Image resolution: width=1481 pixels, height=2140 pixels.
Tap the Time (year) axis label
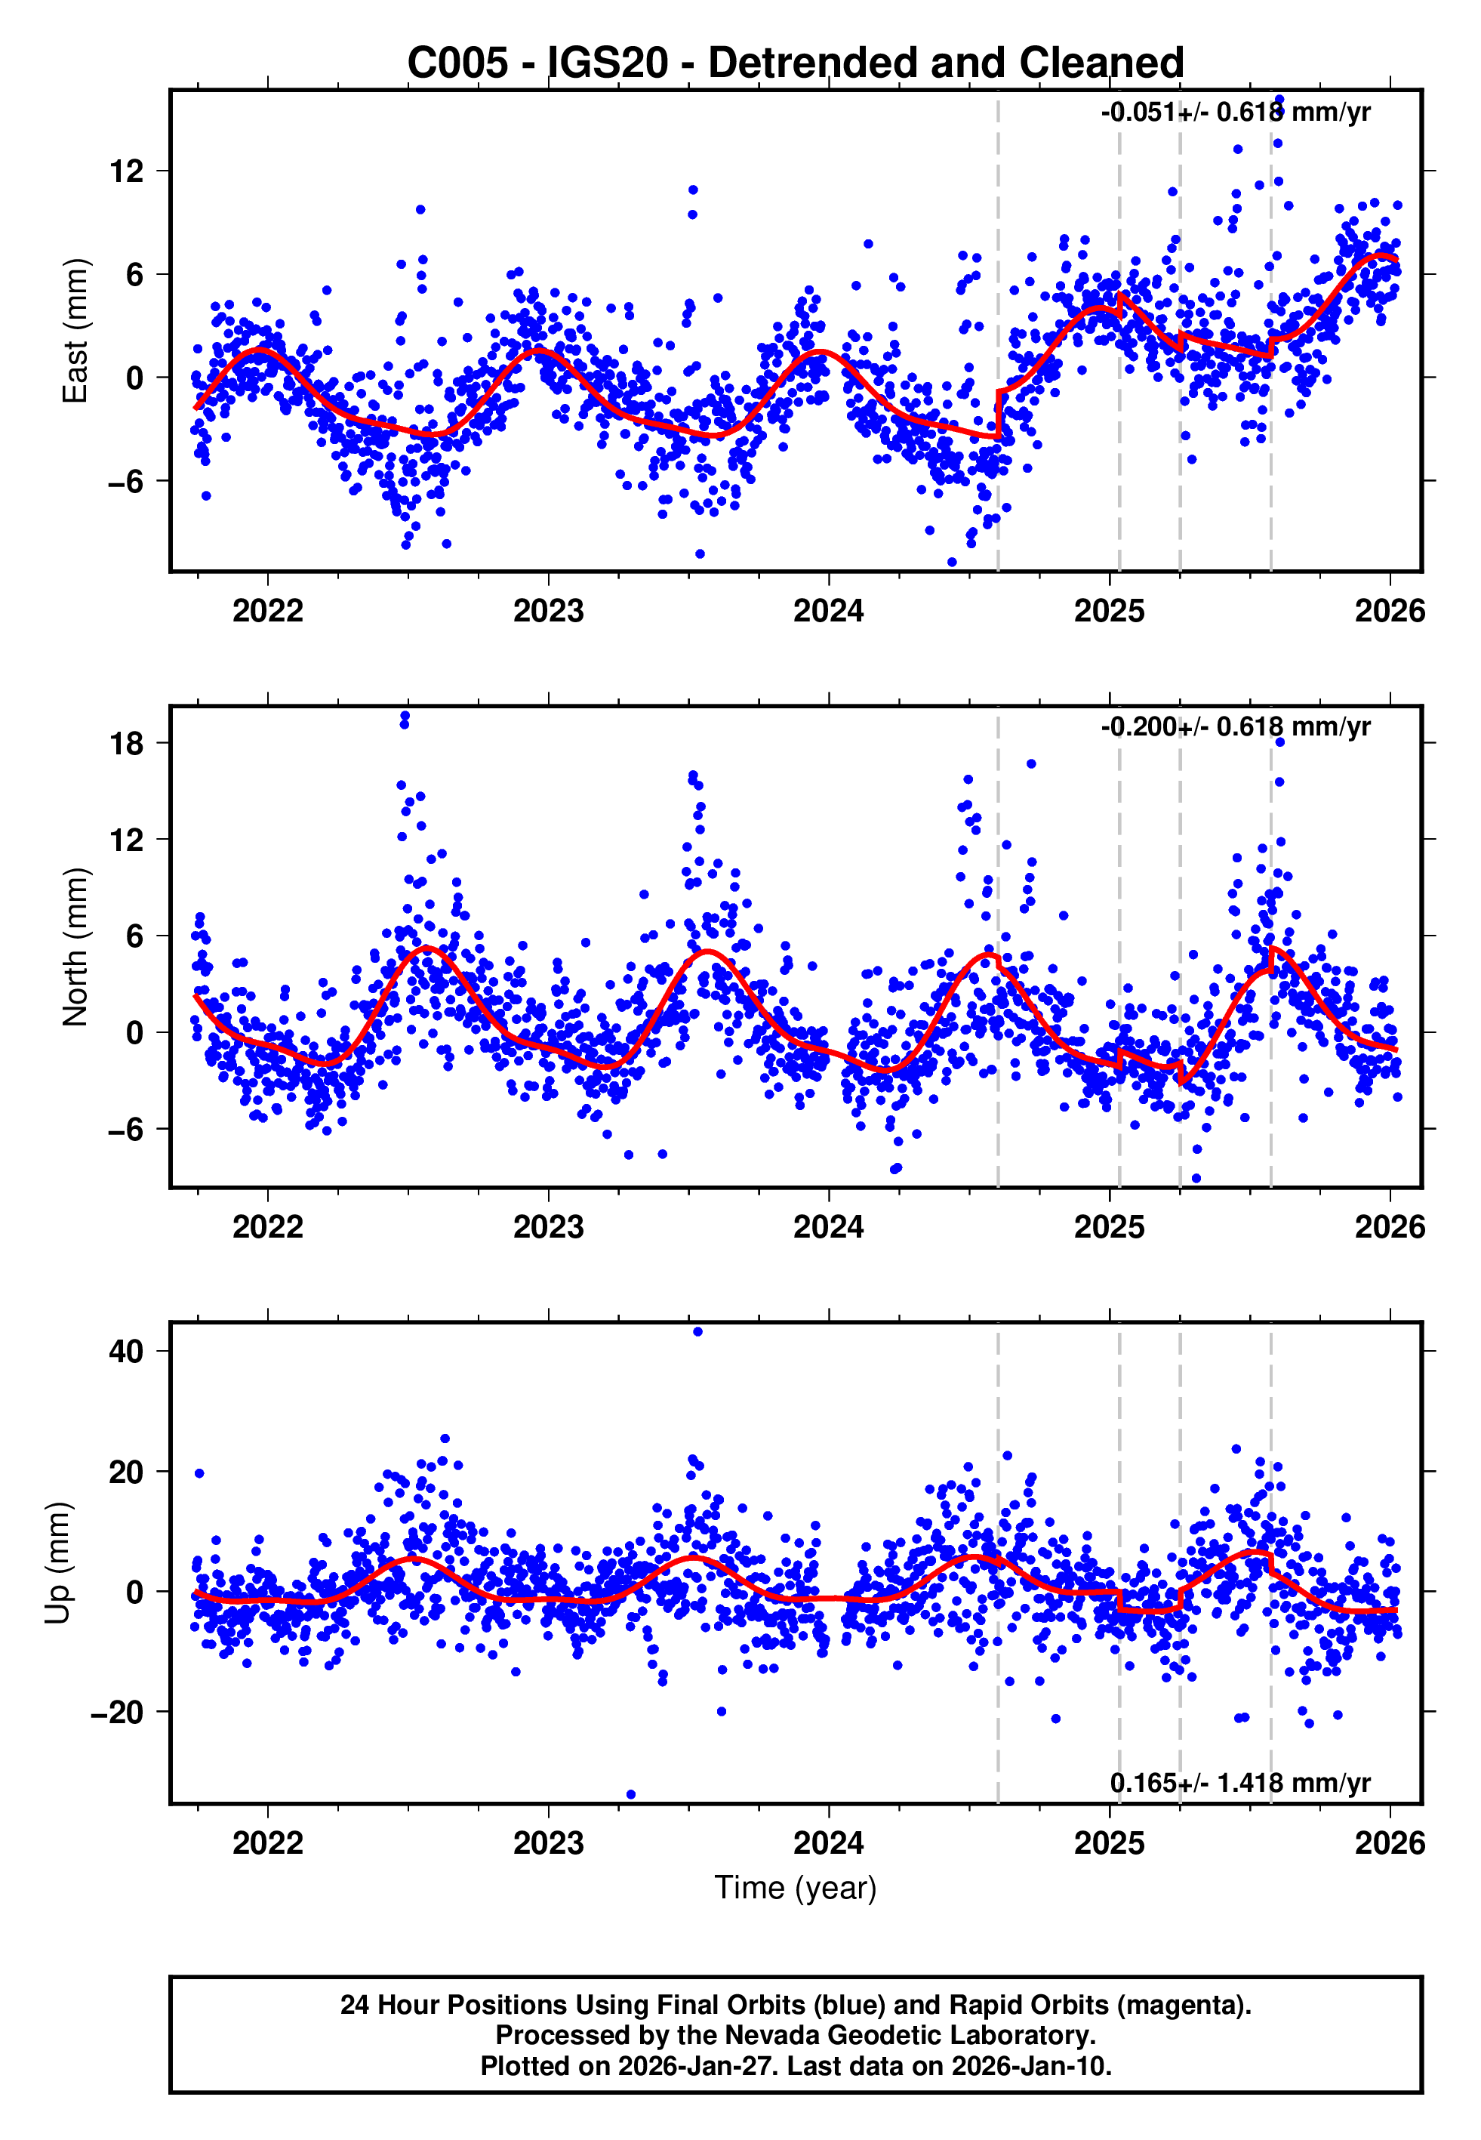[x=796, y=1888]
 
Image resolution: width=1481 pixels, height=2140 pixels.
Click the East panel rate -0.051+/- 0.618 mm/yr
[x=1235, y=113]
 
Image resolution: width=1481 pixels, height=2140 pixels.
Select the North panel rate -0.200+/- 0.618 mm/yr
[x=1235, y=726]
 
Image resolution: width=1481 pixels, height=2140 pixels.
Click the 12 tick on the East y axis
[x=127, y=171]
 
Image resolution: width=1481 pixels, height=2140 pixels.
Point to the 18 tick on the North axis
[x=127, y=743]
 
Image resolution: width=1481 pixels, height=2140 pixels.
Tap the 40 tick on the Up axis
[x=127, y=1351]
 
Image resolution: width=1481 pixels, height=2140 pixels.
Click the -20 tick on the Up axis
[x=118, y=1711]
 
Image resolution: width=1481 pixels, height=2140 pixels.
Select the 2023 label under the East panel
[x=549, y=611]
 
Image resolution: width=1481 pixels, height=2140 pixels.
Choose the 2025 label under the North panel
[x=1109, y=1227]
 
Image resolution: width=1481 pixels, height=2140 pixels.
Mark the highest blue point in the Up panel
[x=697, y=1332]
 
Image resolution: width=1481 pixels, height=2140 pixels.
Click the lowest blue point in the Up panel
[x=631, y=1794]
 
